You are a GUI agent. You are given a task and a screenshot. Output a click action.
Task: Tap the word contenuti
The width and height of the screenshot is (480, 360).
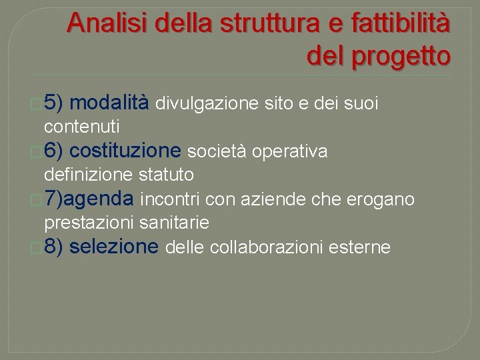click(81, 125)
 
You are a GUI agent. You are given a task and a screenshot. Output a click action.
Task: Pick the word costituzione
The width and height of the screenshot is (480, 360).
click(125, 152)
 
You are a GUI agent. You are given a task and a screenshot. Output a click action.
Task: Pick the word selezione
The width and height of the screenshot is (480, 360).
click(114, 247)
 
